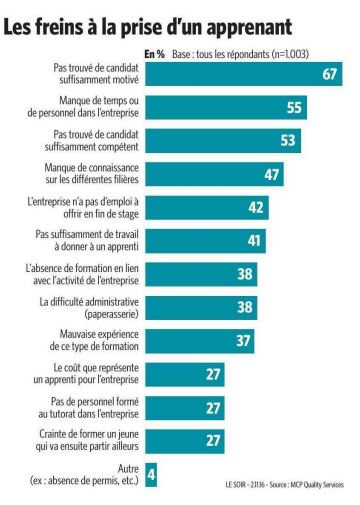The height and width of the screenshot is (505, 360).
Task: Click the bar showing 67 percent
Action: [x=244, y=74]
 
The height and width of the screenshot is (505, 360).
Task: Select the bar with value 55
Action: [x=226, y=107]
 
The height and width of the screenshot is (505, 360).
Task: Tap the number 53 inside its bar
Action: [x=288, y=141]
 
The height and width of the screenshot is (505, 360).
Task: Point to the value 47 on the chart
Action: [x=272, y=174]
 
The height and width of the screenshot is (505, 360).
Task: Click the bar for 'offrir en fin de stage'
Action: [x=207, y=208]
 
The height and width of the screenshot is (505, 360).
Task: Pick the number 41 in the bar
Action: [x=254, y=241]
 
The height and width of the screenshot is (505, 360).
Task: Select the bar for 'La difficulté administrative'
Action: [x=201, y=308]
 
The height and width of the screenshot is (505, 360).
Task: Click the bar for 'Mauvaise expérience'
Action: [x=200, y=341]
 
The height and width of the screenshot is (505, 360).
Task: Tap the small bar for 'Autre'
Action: [x=151, y=475]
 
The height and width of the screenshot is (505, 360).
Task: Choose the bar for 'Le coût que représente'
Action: [x=185, y=374]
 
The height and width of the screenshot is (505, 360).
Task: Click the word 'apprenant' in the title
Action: [x=249, y=28]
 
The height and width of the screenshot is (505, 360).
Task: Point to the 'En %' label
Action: [x=155, y=54]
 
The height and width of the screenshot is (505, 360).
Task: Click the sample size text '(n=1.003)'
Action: [x=290, y=54]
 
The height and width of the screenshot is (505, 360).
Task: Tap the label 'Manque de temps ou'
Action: [x=99, y=100]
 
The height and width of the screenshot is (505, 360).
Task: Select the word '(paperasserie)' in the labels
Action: [x=112, y=314]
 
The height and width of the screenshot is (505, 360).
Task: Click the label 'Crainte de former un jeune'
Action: [x=89, y=434]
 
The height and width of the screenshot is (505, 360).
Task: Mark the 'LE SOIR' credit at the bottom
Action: [x=235, y=485]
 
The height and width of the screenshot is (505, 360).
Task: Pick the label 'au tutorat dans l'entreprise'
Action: [x=88, y=414]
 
